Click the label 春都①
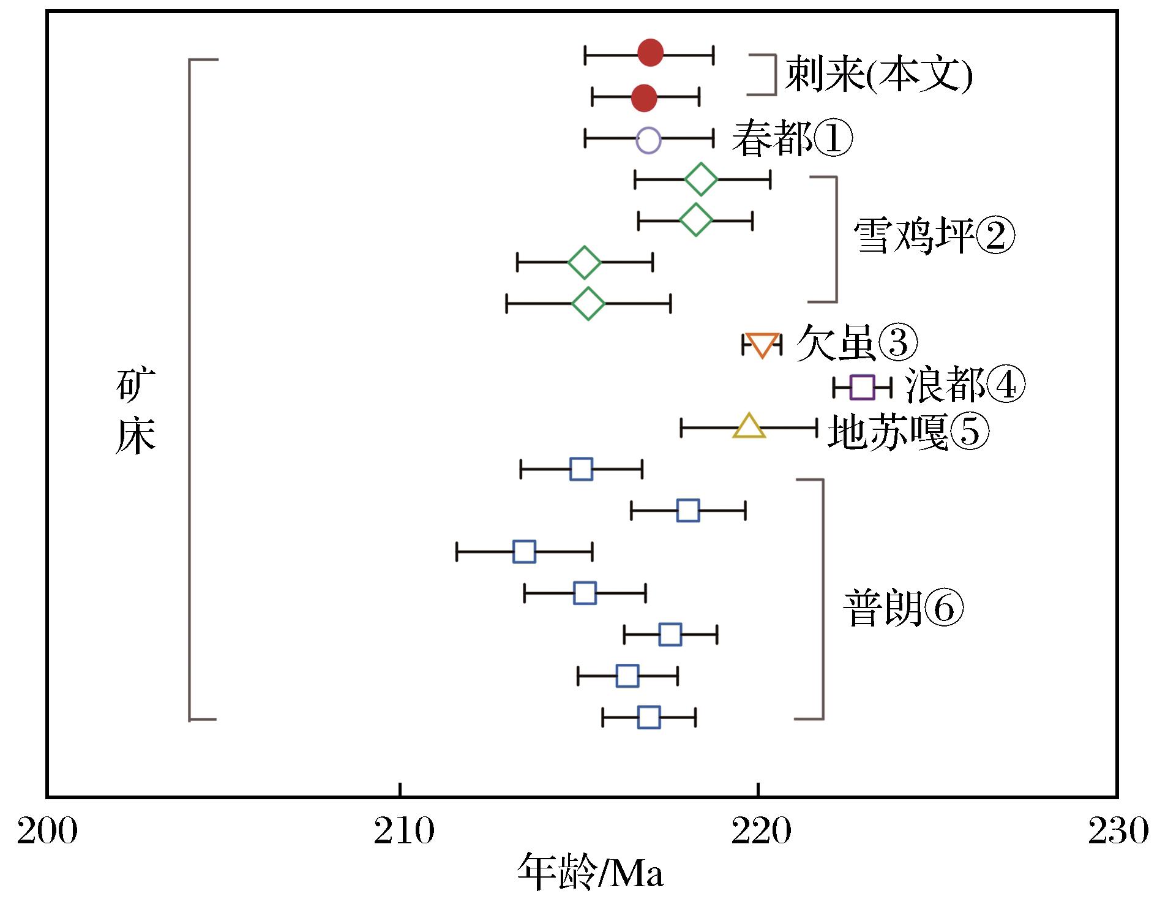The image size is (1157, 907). tap(792, 139)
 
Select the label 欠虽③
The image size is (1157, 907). tap(857, 344)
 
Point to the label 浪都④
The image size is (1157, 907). tap(965, 386)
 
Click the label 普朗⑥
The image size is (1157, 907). tap(904, 609)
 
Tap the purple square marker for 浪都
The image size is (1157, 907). tap(862, 387)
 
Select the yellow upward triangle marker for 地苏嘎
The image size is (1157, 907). tap(749, 426)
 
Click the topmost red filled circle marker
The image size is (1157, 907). tap(651, 53)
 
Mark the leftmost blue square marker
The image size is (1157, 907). tap(524, 552)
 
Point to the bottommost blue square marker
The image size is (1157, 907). tap(649, 717)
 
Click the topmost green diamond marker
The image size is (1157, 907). tap(701, 180)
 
